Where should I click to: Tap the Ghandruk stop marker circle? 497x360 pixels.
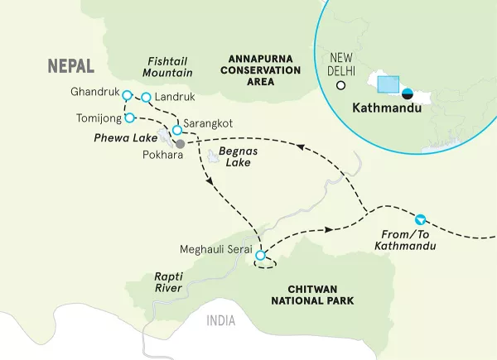point(127,94)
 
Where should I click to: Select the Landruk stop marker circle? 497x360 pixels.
point(146,98)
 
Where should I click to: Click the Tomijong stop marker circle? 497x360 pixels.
point(128,118)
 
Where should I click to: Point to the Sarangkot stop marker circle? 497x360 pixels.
point(176,130)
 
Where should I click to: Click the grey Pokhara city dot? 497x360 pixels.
point(180,143)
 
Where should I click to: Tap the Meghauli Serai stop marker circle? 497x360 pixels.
point(260,256)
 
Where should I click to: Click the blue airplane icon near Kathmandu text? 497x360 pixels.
point(421,220)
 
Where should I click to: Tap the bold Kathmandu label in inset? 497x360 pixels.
point(385,108)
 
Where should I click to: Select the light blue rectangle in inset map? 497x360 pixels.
point(387,84)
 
